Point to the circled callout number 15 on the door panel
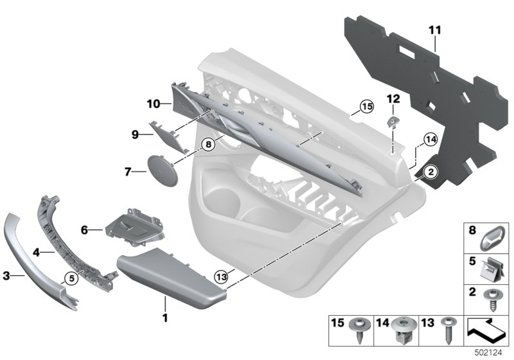pos(366,107)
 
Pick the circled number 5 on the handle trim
pos(69,278)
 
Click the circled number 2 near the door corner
pos(430,171)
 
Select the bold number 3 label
pos(6,276)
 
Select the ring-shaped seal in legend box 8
pos(494,237)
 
